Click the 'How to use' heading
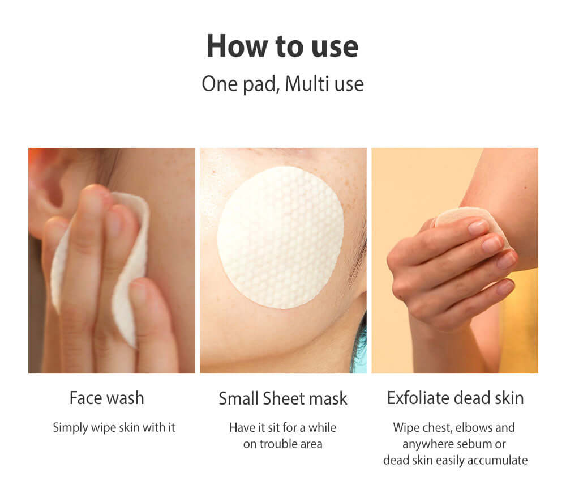(x=282, y=46)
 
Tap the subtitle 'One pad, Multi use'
(x=282, y=84)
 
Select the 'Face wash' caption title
(x=107, y=398)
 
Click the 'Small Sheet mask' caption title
(x=283, y=398)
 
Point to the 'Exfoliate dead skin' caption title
(x=455, y=398)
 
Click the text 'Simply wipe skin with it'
(x=114, y=428)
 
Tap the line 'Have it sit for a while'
(x=283, y=428)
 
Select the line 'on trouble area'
(x=283, y=444)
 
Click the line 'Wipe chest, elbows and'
(x=454, y=428)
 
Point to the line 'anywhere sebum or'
(x=454, y=444)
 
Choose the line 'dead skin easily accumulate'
(x=455, y=460)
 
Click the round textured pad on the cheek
(x=281, y=237)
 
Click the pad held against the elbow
(x=469, y=220)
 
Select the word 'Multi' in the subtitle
(x=306, y=84)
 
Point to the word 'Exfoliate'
(x=418, y=398)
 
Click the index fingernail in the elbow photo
(x=478, y=228)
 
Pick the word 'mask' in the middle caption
(x=328, y=398)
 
